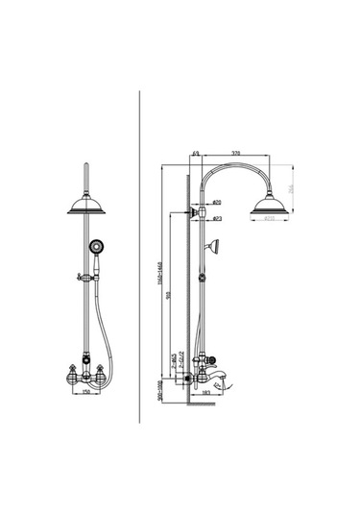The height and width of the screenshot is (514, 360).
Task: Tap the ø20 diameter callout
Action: [x=218, y=204]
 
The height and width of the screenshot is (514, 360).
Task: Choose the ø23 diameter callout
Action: [x=218, y=220]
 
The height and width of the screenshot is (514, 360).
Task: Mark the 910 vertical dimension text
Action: [x=168, y=297]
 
